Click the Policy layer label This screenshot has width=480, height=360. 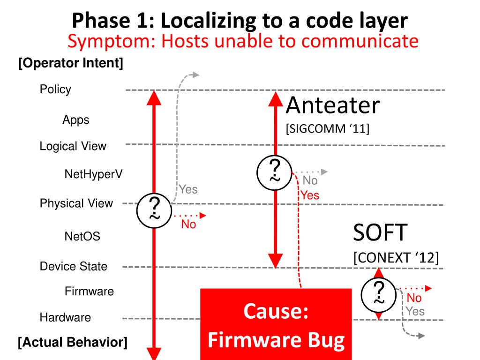55,90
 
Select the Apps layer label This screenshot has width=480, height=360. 75,120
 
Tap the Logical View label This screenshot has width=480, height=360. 73,146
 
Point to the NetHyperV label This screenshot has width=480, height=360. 94,174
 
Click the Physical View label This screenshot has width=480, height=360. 76,203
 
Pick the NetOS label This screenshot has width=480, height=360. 82,236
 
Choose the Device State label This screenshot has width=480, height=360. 73,266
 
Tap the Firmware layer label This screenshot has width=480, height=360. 89,291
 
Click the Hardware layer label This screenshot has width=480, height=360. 65,317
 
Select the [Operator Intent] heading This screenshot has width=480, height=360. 70,63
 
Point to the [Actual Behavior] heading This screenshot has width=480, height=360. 72,342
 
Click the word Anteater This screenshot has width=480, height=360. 332,106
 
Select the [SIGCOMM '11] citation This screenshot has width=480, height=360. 328,128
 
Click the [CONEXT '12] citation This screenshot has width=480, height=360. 396,258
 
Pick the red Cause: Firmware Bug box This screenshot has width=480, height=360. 276,324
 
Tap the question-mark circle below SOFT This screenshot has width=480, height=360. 379,293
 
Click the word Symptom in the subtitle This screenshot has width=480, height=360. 107,41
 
